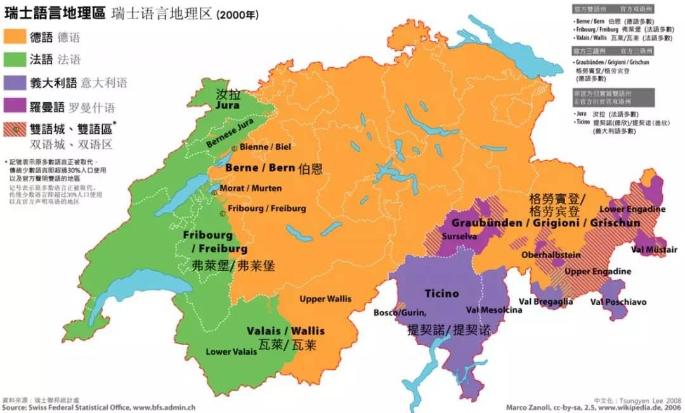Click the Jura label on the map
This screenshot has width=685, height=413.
[228, 105]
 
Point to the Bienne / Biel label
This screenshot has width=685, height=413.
[265, 147]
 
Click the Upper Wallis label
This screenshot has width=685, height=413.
[325, 299]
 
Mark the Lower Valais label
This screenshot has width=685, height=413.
[232, 351]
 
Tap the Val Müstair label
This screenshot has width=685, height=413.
[654, 249]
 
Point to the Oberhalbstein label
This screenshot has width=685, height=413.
[551, 254]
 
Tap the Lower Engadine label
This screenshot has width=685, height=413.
[632, 209]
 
